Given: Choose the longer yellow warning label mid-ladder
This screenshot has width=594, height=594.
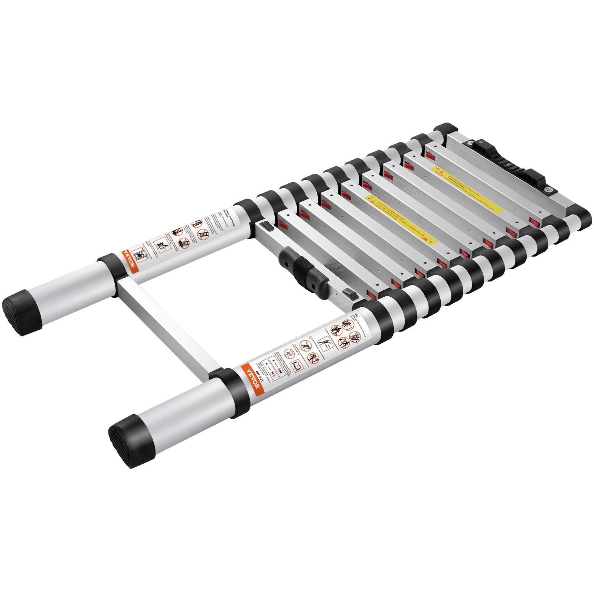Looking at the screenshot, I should (401, 219).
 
